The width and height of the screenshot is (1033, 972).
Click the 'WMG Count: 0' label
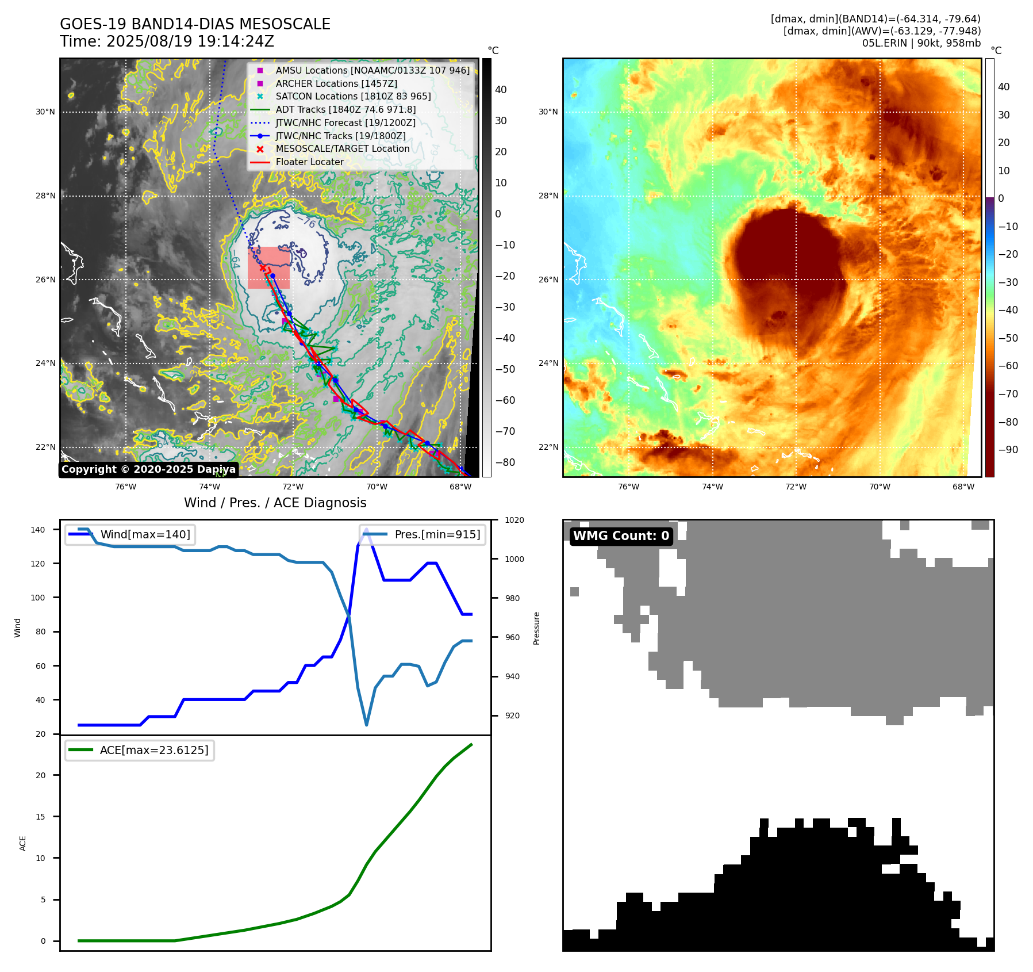[621, 536]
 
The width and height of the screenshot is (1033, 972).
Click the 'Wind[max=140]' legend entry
[145, 534]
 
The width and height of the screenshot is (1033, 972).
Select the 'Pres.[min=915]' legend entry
[437, 534]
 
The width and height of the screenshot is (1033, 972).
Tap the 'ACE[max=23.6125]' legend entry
[153, 750]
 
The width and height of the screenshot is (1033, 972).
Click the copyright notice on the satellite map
[148, 469]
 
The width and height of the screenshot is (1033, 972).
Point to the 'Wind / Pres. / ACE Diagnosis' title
[275, 503]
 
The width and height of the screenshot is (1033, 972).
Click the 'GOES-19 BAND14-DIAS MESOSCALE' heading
[195, 24]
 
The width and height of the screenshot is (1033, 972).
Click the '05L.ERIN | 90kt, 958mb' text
[921, 43]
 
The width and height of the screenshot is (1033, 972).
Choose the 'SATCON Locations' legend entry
[353, 96]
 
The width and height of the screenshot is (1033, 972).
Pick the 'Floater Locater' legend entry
[309, 162]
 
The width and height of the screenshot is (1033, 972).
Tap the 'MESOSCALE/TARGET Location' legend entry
[343, 148]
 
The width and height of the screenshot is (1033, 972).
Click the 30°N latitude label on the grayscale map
[45, 112]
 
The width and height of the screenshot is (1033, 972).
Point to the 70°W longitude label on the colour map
[880, 487]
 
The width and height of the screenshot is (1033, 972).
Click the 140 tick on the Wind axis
[38, 530]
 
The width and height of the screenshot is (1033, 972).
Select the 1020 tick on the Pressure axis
[514, 520]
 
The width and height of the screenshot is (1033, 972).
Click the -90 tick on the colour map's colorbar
[1008, 450]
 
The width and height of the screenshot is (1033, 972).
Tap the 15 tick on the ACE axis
[40, 817]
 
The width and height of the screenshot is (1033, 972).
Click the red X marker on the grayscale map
[263, 268]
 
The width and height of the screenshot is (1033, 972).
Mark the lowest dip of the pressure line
[367, 725]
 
